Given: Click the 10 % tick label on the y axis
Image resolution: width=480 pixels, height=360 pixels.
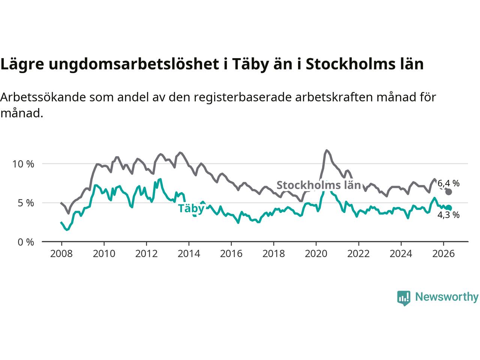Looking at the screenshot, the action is click(23, 164).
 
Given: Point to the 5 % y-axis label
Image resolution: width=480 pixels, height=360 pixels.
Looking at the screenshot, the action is click(26, 203).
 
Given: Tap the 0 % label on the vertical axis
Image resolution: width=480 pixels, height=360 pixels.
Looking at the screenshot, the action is click(26, 242).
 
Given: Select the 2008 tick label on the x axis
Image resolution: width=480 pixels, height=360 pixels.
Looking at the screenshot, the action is click(61, 254).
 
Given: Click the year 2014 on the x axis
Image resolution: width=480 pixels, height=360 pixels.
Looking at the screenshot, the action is click(189, 254).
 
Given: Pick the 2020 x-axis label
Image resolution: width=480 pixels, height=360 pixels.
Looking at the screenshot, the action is click(316, 254).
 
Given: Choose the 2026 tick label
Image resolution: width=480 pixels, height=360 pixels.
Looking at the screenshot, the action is click(444, 254).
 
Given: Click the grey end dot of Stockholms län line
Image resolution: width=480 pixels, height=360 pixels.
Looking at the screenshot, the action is click(448, 192).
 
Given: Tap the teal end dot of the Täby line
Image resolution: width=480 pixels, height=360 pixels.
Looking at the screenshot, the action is click(448, 208).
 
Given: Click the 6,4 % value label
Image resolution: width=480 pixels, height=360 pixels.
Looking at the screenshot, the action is click(448, 183).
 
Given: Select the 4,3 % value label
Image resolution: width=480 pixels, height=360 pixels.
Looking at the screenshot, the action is click(448, 215).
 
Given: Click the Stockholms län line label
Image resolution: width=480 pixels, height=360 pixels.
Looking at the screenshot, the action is click(319, 185).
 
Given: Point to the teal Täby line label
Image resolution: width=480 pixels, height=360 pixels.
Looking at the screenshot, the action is click(191, 208).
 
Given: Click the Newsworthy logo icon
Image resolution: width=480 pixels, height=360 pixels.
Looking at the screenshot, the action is click(403, 298).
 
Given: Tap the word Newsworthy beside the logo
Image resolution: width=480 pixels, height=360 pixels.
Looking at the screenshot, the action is click(447, 297).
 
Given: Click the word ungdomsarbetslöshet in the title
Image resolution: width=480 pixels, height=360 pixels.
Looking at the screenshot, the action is click(133, 64).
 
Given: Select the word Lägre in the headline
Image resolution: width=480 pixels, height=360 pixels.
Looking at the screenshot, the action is click(22, 64).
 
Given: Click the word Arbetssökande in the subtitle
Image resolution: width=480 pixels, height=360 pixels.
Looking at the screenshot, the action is click(43, 97).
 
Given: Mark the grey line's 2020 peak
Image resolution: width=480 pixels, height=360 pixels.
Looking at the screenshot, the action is click(327, 150).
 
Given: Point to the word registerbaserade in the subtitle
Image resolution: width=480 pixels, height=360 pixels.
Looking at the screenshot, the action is click(243, 97).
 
